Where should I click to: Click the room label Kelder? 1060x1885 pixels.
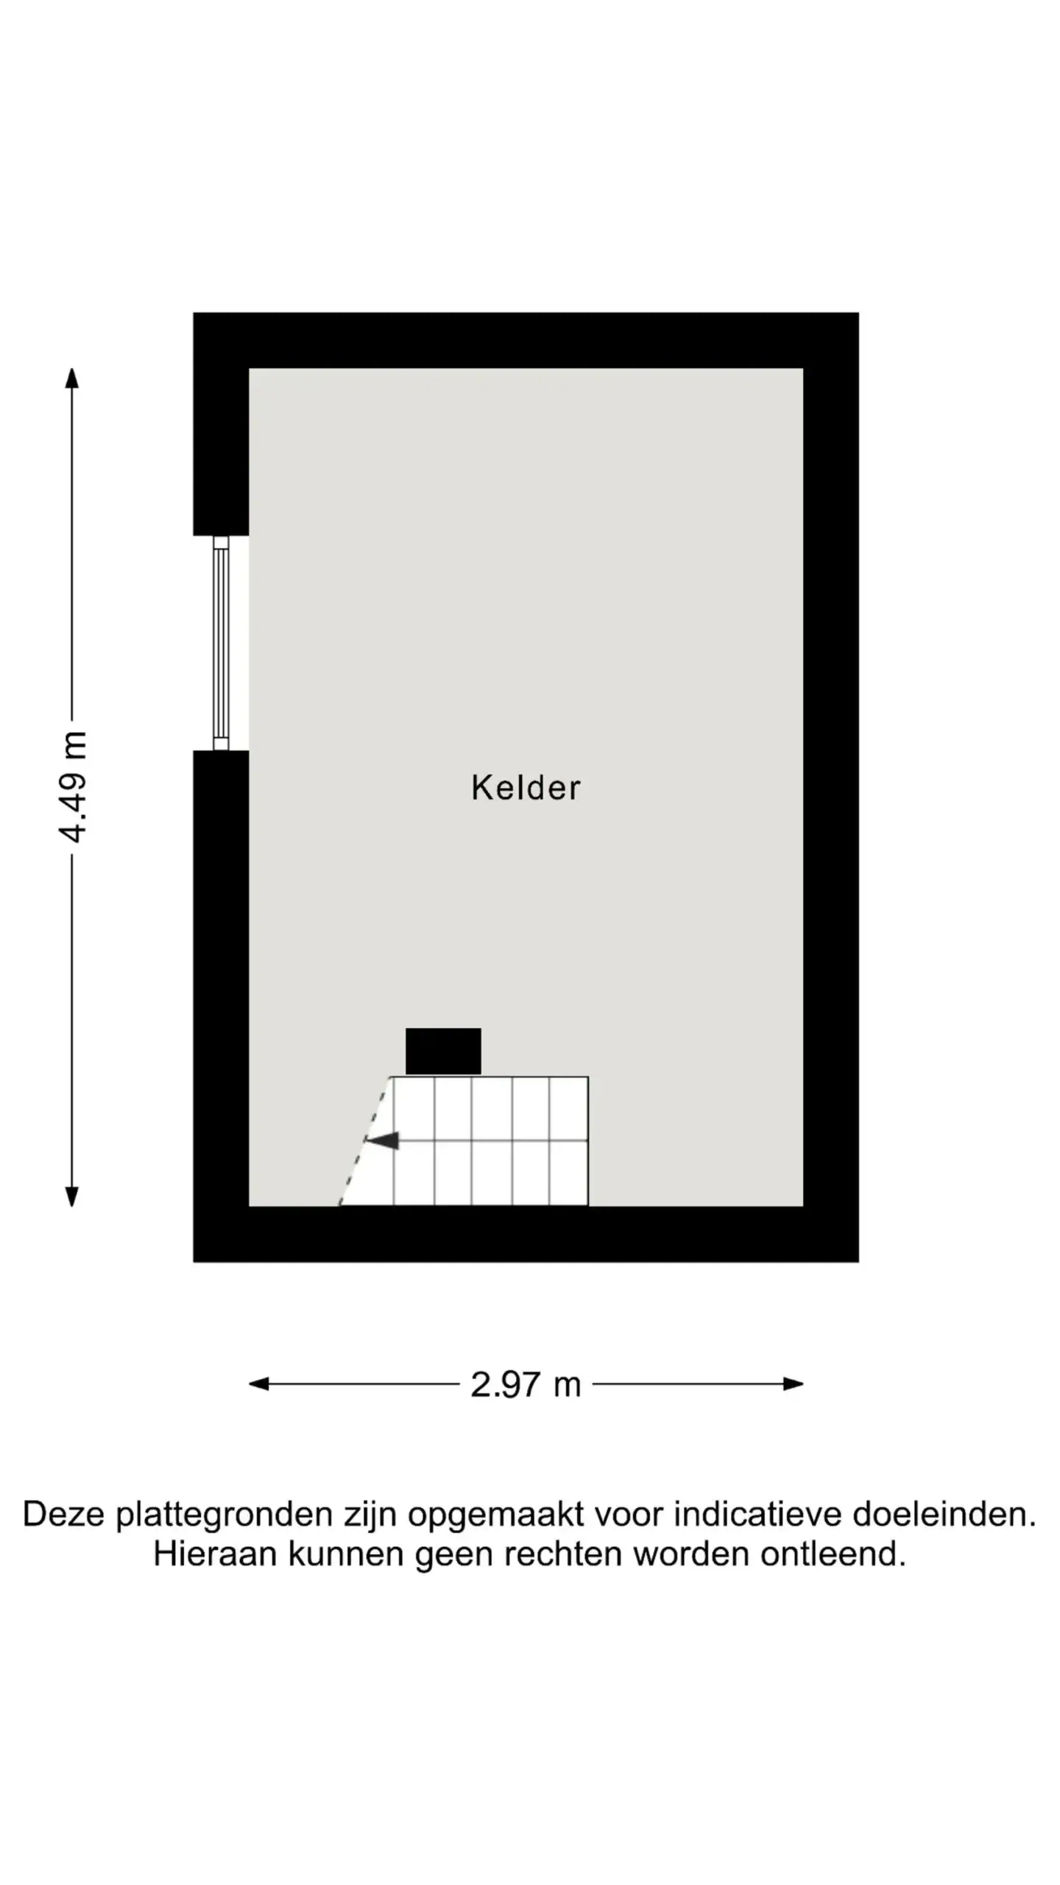pyautogui.click(x=526, y=788)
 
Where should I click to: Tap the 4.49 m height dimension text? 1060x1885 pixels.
pyautogui.click(x=73, y=786)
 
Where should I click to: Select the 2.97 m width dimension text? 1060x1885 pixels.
pyautogui.click(x=526, y=1385)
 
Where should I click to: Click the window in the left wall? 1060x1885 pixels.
pyautogui.click(x=221, y=643)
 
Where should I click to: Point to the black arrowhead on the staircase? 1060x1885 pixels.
pyautogui.click(x=382, y=1141)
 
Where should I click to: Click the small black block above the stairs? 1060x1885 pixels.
pyautogui.click(x=443, y=1051)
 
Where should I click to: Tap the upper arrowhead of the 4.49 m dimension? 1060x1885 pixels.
pyautogui.click(x=72, y=378)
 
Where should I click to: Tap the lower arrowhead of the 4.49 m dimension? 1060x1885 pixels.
pyautogui.click(x=72, y=1197)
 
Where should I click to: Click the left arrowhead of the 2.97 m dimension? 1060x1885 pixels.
pyautogui.click(x=259, y=1384)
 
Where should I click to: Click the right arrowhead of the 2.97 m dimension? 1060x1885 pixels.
pyautogui.click(x=793, y=1384)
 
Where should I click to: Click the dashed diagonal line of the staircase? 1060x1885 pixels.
pyautogui.click(x=364, y=1141)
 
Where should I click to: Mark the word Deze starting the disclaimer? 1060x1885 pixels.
pyautogui.click(x=64, y=1515)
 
